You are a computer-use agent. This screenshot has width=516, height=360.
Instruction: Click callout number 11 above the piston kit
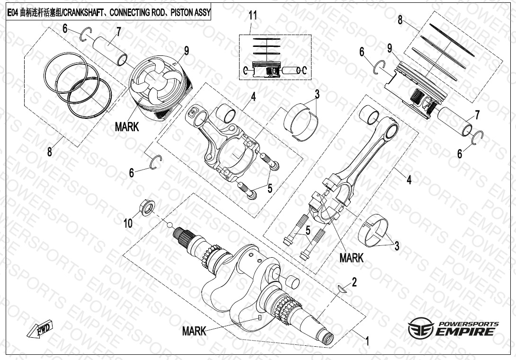point(253,15)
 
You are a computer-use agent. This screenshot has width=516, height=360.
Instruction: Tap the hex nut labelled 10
point(147,207)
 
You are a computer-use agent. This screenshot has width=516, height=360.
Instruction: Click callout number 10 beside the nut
point(128,223)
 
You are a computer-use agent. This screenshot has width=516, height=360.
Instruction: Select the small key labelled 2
point(344,290)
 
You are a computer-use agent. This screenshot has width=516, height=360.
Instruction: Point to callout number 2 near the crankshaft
point(354,282)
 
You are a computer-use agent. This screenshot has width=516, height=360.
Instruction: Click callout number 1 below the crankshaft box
point(367,340)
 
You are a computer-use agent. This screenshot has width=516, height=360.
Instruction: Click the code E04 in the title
point(13,12)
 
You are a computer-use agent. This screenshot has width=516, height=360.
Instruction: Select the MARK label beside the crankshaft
point(194,331)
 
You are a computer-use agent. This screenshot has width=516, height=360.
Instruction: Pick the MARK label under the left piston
point(127,127)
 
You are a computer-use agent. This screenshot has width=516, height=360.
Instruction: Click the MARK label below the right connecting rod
point(351,258)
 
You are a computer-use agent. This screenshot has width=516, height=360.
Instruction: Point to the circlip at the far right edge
point(478,136)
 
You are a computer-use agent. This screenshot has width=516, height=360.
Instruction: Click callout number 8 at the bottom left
point(50,152)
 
